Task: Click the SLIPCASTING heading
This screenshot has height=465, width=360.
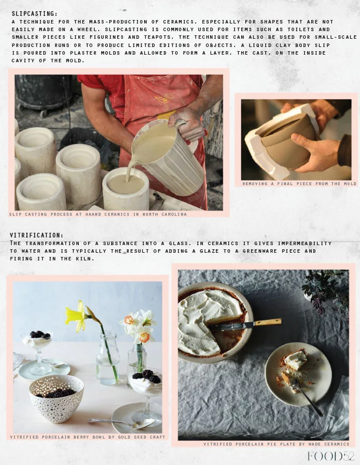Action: point(35,14)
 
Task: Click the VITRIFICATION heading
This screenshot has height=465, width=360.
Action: point(36,236)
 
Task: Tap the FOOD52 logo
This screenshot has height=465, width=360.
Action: point(331,456)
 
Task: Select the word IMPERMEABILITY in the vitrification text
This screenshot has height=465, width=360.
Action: point(305,243)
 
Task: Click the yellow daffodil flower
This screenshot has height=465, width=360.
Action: point(76,316)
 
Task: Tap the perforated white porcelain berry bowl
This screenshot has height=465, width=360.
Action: point(56,399)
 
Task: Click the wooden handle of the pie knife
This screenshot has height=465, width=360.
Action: point(268,322)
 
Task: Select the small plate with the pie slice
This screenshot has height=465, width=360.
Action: point(298,374)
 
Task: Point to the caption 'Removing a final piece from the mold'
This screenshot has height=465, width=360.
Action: point(299,184)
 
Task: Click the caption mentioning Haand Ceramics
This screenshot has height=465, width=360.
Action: point(98,214)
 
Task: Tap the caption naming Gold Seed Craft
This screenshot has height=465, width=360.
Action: point(87,437)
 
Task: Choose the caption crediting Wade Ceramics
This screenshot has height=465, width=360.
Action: point(276,444)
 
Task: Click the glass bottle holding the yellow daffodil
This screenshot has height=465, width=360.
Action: point(108,358)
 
